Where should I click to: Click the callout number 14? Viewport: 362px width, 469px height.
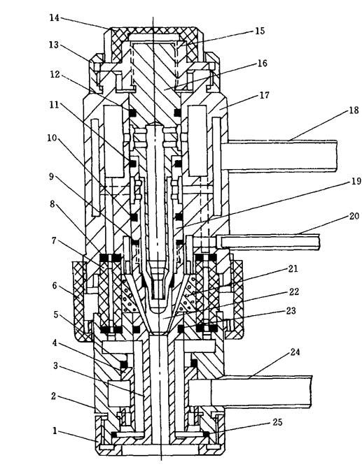coord(54,17)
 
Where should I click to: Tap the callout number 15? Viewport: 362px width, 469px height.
coord(260,31)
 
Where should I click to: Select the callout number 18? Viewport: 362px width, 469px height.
coord(354,110)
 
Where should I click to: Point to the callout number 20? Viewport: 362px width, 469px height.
coord(354,216)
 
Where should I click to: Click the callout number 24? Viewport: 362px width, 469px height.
coord(295,352)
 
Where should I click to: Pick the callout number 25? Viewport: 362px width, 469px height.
coord(277,422)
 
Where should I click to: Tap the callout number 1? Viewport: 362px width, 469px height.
coord(55,431)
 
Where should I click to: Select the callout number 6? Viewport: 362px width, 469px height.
coord(54,286)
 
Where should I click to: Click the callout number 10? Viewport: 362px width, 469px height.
coord(52,138)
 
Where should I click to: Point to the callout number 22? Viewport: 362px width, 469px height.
coord(294,291)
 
